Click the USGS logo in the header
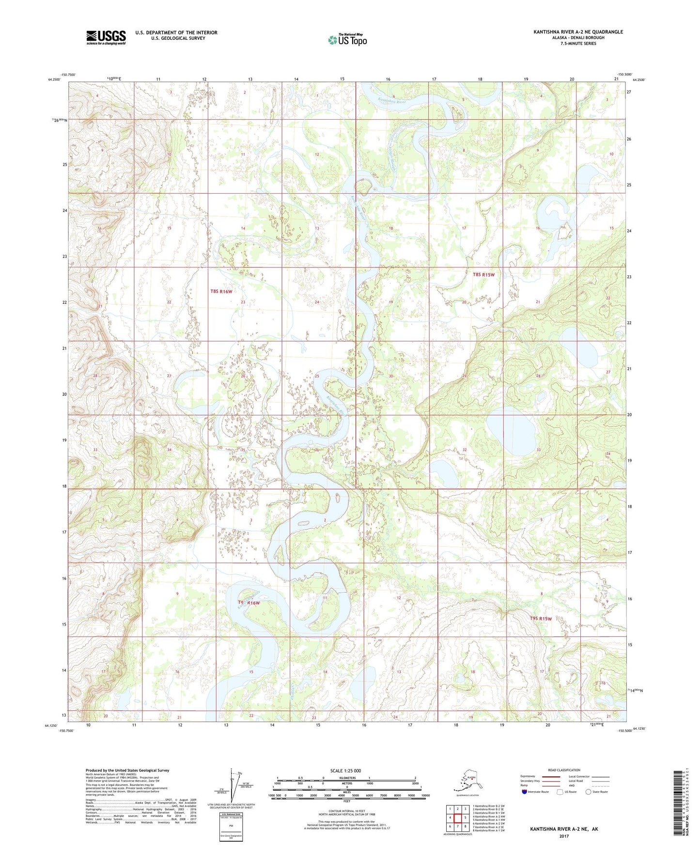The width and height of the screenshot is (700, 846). pyautogui.click(x=106, y=37)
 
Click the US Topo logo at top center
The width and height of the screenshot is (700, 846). pyautogui.click(x=347, y=40)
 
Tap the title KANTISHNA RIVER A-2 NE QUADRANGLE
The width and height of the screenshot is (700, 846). pyautogui.click(x=578, y=32)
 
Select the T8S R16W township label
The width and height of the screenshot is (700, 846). pyautogui.click(x=221, y=291)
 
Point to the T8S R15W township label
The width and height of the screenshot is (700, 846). pyautogui.click(x=483, y=275)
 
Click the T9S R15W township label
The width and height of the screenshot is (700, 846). pyautogui.click(x=541, y=618)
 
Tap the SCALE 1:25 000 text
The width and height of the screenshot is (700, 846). pyautogui.click(x=345, y=770)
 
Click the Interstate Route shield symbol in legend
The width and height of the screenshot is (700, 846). pyautogui.click(x=525, y=792)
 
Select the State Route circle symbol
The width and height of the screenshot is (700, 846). pyautogui.click(x=588, y=792)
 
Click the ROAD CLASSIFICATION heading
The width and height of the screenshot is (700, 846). pyautogui.click(x=564, y=770)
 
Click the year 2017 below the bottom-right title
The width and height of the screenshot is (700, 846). pyautogui.click(x=564, y=836)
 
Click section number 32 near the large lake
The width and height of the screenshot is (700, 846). pyautogui.click(x=465, y=450)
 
